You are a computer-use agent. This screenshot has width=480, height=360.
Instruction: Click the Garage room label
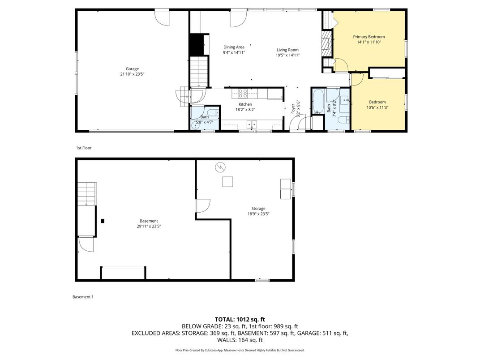click(x=132, y=69)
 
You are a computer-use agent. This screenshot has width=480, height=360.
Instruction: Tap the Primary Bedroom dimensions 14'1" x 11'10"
click(x=369, y=42)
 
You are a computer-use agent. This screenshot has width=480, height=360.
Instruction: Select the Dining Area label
click(x=234, y=47)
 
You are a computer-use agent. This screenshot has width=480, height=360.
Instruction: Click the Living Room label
click(x=287, y=50)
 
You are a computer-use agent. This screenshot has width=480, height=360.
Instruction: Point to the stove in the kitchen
click(x=242, y=93)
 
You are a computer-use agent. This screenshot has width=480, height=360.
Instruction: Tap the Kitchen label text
click(x=245, y=104)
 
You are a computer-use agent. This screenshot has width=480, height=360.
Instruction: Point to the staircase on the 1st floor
click(x=198, y=71)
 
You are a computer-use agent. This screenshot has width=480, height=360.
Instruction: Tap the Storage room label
click(x=258, y=208)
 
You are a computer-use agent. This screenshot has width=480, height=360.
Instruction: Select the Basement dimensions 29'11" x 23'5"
click(x=149, y=227)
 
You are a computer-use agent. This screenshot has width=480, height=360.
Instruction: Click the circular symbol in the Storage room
click(x=220, y=167)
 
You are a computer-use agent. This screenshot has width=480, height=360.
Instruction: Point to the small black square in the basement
click(x=103, y=221)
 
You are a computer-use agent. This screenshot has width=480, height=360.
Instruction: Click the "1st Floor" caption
click(x=83, y=148)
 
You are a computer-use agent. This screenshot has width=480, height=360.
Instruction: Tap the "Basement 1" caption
click(x=83, y=297)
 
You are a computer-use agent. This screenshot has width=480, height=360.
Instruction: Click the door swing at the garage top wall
click(x=162, y=17)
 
